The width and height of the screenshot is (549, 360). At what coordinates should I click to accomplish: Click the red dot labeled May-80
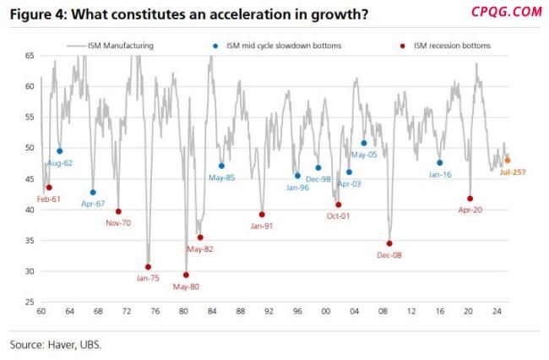[x=186, y=275]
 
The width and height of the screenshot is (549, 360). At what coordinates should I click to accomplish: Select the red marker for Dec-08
[x=389, y=243]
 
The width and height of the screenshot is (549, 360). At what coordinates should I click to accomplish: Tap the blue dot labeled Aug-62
[x=59, y=151]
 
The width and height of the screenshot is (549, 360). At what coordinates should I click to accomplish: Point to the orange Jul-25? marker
[x=507, y=160]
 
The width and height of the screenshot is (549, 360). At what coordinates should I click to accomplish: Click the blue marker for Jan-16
[x=439, y=163]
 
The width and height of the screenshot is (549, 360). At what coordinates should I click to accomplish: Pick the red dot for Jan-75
[x=148, y=267]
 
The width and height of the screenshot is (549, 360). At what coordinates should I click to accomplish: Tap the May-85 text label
[x=221, y=177]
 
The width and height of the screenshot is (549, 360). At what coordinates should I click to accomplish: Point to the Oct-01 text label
[x=339, y=216]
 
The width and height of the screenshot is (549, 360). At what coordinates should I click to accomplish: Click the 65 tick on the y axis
[x=29, y=56]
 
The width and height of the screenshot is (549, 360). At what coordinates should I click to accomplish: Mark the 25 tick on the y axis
[x=29, y=303]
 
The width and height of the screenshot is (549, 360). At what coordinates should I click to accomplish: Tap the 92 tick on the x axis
[x=269, y=313]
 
